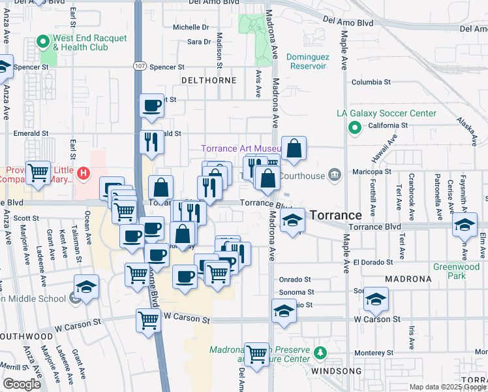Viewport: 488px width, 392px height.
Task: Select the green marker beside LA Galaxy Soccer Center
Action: click(355, 128)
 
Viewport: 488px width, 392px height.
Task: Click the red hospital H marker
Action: click(84, 174)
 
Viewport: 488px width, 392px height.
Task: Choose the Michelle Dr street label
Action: click(191, 27)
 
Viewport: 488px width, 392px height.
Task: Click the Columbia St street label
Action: click(371, 82)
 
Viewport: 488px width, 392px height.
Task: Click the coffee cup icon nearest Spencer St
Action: click(152, 106)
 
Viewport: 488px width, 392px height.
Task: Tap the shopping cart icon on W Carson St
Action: click(149, 321)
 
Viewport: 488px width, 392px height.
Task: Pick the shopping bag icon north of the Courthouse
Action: click(294, 148)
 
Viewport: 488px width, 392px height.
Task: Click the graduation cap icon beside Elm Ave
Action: click(465, 226)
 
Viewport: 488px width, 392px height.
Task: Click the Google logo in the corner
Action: click(22, 384)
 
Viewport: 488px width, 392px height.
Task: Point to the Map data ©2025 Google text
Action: click(447, 387)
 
